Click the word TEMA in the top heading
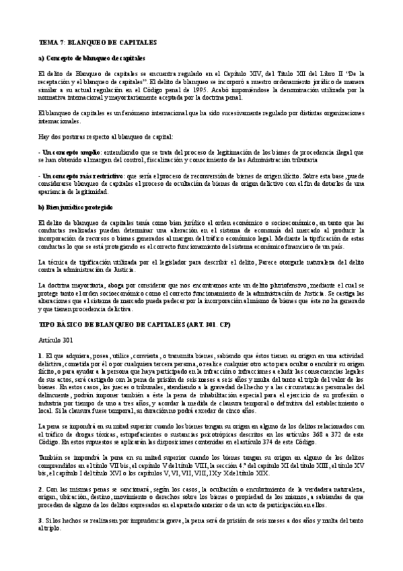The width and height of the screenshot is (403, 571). (x=49, y=42)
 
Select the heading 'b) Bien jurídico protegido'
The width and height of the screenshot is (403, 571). (x=75, y=206)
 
